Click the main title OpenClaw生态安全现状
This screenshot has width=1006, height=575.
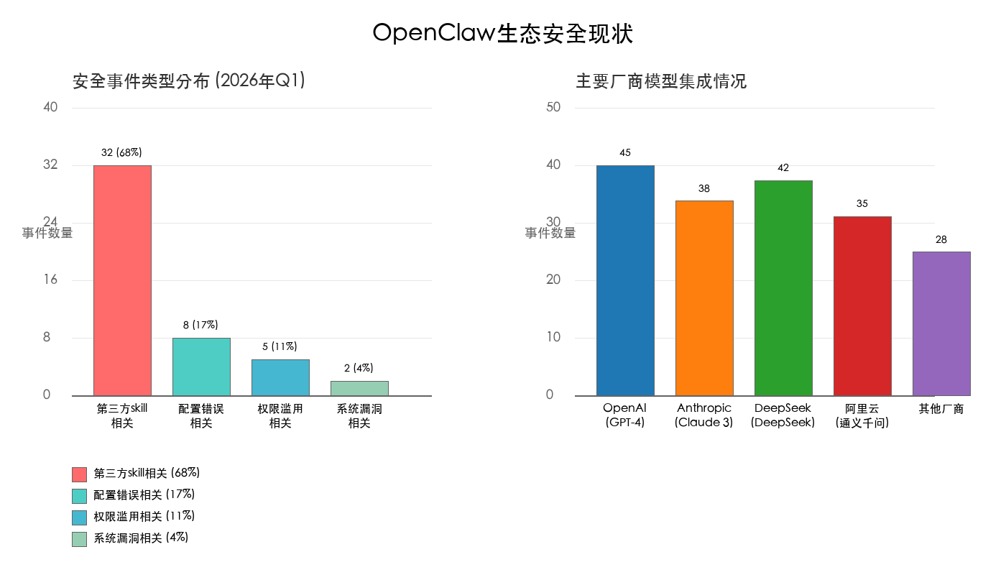(503, 33)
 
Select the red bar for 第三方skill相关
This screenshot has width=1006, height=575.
(122, 280)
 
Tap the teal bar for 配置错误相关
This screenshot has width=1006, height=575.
(201, 367)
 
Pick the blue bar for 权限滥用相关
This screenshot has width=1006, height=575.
(280, 377)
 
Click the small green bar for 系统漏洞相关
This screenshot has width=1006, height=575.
(359, 388)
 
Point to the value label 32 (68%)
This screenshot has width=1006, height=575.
(121, 152)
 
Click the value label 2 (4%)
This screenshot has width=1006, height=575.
(359, 368)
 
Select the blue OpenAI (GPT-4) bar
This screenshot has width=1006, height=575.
(625, 280)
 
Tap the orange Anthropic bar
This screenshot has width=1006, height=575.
(704, 298)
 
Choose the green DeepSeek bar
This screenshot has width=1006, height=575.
(783, 287)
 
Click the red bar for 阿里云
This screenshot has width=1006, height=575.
(862, 305)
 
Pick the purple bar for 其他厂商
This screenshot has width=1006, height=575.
(941, 323)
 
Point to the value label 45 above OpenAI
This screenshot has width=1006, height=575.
(625, 152)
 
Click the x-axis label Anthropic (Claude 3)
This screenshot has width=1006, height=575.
(704, 415)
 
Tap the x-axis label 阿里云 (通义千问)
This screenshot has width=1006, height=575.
(862, 415)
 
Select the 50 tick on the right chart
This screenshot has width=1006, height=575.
(553, 107)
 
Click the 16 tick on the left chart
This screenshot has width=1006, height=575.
(50, 280)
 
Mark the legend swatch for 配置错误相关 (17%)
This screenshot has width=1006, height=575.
(79, 496)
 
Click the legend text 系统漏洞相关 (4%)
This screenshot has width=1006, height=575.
(141, 538)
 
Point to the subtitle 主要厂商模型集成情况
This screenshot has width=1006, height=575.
(661, 81)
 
